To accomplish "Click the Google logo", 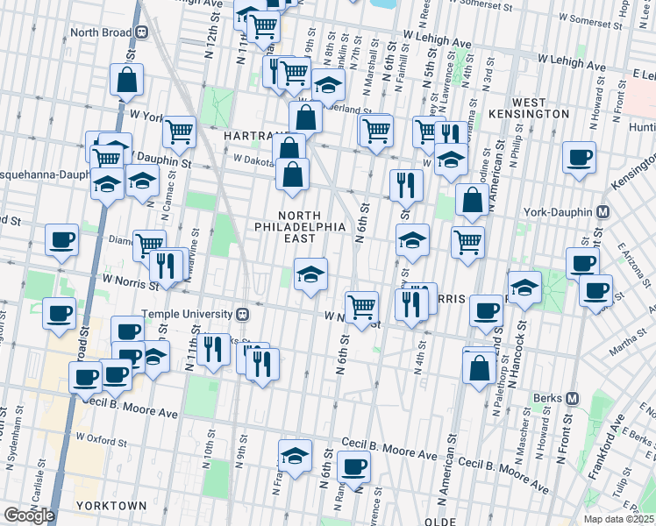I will point(29,515).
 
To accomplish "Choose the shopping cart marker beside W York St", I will point(179,131).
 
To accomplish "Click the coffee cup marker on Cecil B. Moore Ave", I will point(353,466).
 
